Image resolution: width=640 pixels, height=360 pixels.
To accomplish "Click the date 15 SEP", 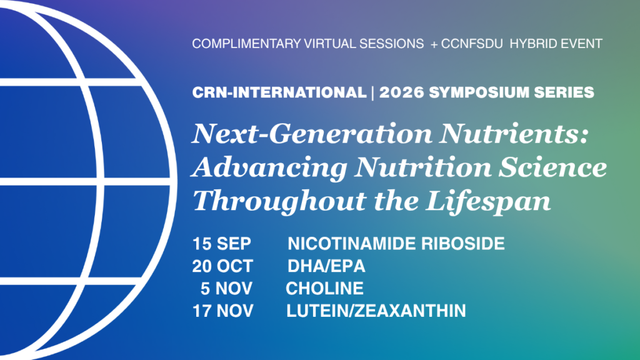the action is click(222, 244).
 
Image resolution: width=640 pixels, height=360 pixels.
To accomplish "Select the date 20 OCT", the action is click(222, 266).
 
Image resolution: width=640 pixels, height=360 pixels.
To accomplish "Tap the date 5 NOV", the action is click(226, 289).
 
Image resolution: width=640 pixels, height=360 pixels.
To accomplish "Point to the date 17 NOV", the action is click(223, 311).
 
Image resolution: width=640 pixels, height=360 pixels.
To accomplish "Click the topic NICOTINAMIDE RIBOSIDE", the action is click(396, 244).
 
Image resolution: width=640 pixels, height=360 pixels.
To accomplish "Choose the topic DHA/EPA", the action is click(326, 266).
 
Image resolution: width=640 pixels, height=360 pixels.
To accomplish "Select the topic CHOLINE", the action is click(324, 289).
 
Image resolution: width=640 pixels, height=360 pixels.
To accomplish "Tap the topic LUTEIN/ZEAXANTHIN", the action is click(376, 311).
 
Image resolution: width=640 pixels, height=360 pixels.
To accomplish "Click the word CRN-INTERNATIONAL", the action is click(279, 92).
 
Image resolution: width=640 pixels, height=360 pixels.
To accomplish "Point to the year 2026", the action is click(402, 92).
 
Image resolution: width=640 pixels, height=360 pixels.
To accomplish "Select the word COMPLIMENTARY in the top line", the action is click(246, 44).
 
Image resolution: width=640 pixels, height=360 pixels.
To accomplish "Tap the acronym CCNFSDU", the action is click(472, 44).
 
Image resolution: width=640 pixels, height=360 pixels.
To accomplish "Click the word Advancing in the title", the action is click(269, 167).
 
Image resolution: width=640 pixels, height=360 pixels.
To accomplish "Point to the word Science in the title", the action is click(553, 167).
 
